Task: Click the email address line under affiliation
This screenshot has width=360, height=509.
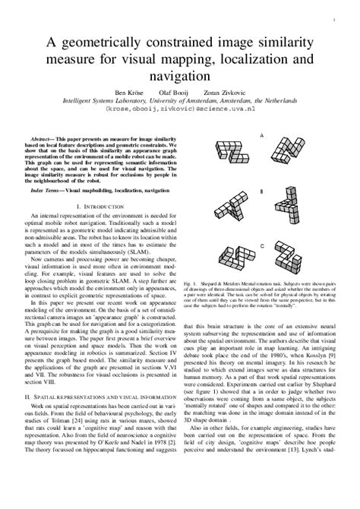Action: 180,108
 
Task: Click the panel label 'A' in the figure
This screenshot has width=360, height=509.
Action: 263,136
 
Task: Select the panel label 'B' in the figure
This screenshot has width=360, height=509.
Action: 263,191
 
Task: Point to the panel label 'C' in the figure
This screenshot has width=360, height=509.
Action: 263,245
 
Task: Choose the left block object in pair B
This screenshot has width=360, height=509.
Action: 231,207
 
